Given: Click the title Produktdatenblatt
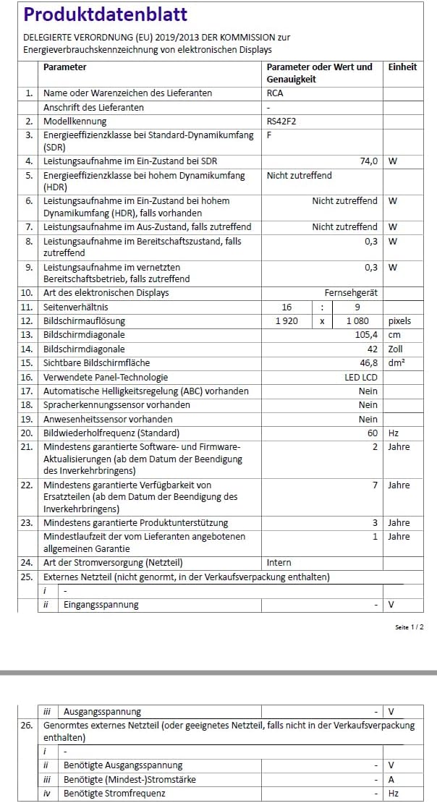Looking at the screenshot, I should [x=106, y=14].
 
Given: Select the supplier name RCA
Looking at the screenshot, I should [x=275, y=93].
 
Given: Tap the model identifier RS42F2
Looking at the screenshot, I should [x=281, y=122].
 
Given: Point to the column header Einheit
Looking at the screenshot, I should [x=402, y=67].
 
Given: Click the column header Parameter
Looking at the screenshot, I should [x=65, y=67].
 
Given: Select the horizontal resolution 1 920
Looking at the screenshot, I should [x=287, y=320].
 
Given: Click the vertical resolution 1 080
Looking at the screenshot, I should [x=357, y=320].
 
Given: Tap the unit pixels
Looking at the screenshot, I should [x=399, y=320].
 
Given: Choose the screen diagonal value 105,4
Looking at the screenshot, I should [x=365, y=335].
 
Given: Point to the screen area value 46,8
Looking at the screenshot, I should [x=368, y=362].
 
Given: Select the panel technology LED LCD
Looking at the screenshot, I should [x=360, y=377].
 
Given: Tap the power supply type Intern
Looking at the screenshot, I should [x=279, y=562].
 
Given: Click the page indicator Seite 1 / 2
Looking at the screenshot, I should [x=410, y=626].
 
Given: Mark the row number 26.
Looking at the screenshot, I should [x=27, y=725].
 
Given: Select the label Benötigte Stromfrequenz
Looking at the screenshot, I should [x=114, y=794].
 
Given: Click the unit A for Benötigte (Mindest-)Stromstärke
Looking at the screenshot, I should [x=391, y=779].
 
